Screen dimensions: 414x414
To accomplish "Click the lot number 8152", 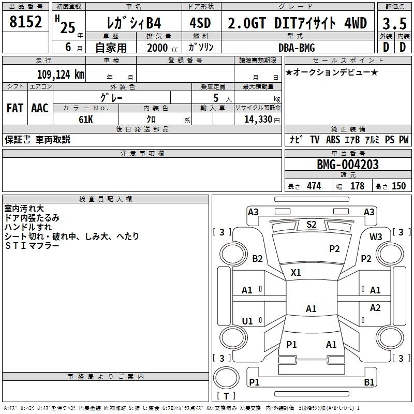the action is [25, 22].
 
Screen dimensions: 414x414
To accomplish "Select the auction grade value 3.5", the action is [394, 23].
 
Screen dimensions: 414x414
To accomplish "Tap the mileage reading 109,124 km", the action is [61, 74].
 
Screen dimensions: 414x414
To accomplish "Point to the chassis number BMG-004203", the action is [348, 165].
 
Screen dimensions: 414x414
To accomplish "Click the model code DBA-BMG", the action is [297, 48].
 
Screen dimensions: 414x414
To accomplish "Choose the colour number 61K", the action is [86, 120].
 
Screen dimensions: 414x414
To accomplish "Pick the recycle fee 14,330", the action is [258, 119].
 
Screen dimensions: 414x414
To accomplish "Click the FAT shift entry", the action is [15, 108].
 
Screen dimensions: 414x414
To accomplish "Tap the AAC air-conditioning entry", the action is [40, 108].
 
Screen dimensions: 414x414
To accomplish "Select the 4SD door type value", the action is [200, 23].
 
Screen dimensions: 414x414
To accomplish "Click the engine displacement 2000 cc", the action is [162, 48].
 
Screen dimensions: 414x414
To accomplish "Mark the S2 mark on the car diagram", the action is [312, 225].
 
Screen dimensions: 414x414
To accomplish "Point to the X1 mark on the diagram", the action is [295, 273].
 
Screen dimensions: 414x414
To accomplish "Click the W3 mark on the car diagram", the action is [376, 237].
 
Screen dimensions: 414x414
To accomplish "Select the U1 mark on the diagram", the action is [247, 321].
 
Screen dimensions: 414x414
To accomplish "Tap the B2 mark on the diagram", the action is [257, 258].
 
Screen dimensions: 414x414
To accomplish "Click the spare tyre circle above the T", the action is [226, 377].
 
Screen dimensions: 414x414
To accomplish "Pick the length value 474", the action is [314, 186].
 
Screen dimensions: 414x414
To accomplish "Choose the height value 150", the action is [398, 186].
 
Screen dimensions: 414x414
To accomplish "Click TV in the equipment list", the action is [315, 139].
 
